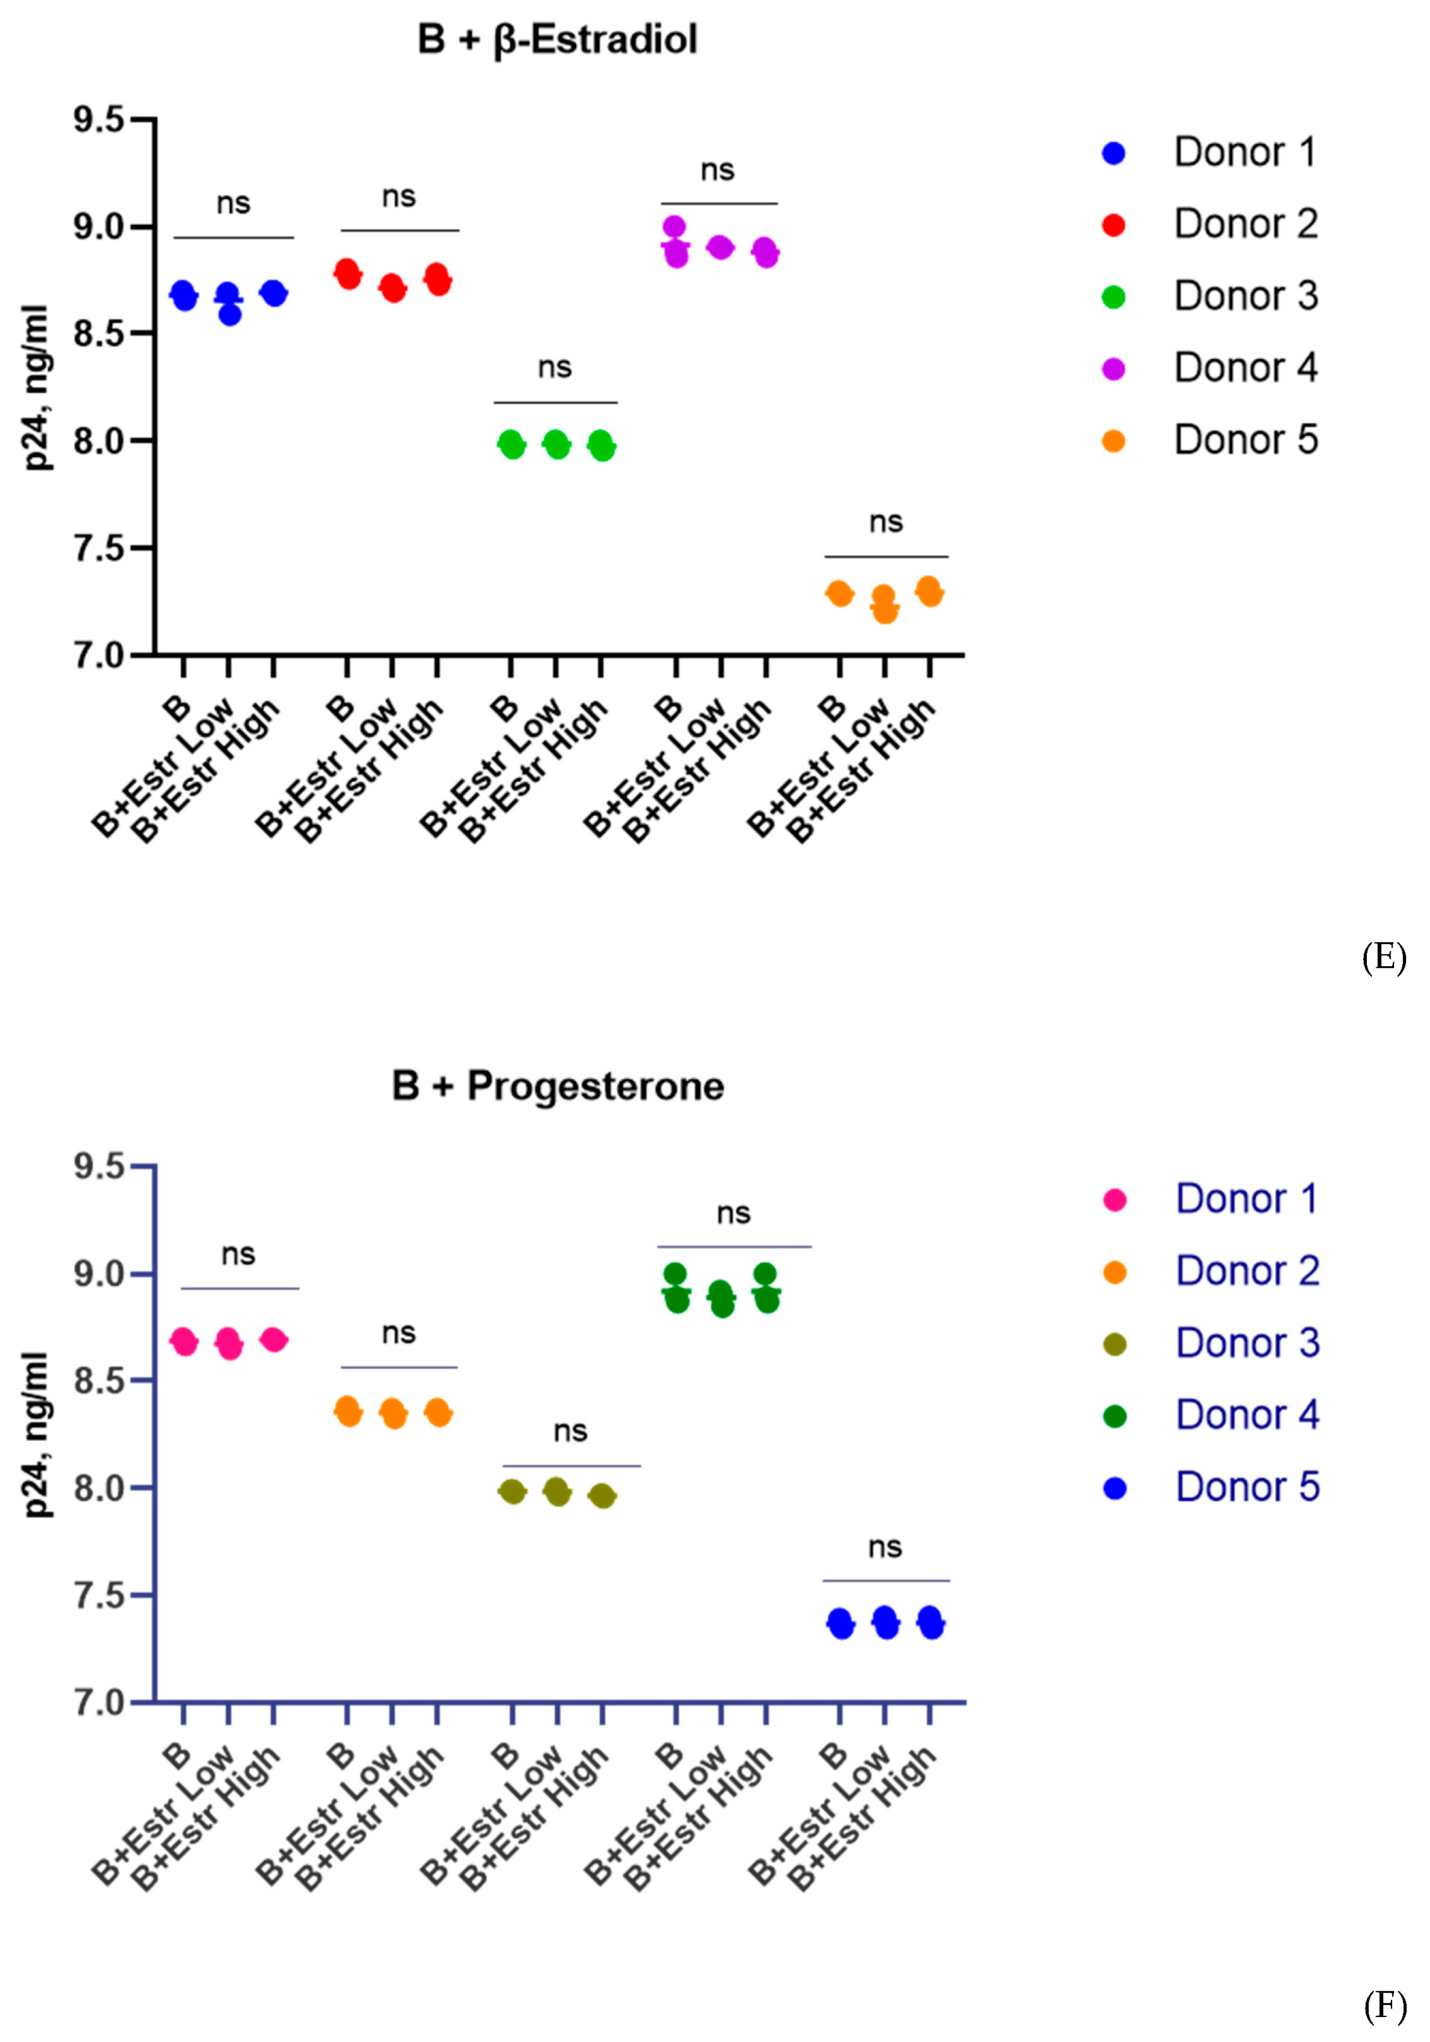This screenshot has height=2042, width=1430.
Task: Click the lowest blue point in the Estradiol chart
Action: click(229, 315)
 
